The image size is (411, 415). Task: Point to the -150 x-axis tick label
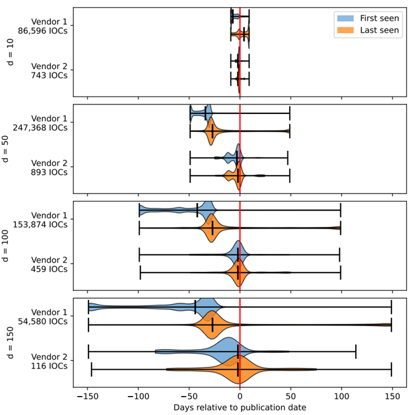tap(87, 395)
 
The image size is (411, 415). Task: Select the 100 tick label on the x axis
tap(341, 395)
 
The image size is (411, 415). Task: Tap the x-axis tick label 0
tap(240, 395)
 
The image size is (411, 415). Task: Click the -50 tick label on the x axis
tap(188, 395)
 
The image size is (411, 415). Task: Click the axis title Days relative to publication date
tap(240, 407)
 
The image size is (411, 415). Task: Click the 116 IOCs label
tap(49, 366)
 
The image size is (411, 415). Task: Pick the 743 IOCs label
tap(49, 75)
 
